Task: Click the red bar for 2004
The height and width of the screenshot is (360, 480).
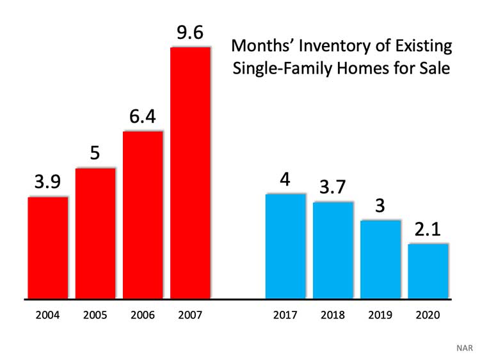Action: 47,247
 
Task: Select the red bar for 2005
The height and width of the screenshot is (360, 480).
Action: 95,233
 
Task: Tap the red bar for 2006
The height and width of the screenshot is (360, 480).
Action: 143,215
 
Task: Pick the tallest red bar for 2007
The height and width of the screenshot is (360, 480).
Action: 190,173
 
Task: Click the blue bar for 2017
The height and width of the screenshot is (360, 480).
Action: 285,246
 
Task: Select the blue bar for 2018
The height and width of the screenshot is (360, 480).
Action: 333,250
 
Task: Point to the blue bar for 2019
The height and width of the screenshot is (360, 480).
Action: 380,259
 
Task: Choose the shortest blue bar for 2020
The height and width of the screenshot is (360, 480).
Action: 428,271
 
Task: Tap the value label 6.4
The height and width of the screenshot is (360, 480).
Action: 143,117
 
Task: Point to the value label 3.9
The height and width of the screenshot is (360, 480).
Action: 47,183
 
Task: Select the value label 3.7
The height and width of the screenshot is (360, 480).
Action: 333,188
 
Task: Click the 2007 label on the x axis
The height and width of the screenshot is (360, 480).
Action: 190,315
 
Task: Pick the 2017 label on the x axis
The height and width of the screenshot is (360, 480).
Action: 285,315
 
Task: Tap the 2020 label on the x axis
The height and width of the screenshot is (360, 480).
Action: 428,315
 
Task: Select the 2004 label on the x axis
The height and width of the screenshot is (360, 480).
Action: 47,315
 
